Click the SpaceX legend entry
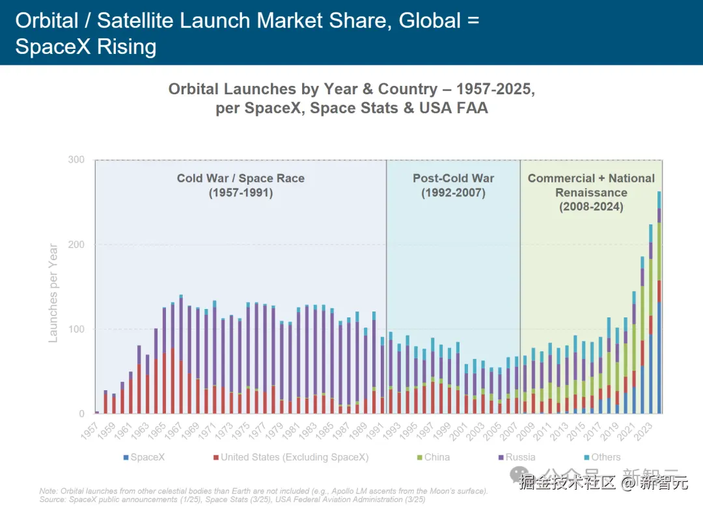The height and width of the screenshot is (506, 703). (x=144, y=457)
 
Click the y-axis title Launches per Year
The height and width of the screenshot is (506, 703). (x=53, y=293)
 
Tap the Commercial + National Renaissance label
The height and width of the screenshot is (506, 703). (x=591, y=193)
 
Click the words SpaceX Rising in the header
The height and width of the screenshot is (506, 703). (x=85, y=47)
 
